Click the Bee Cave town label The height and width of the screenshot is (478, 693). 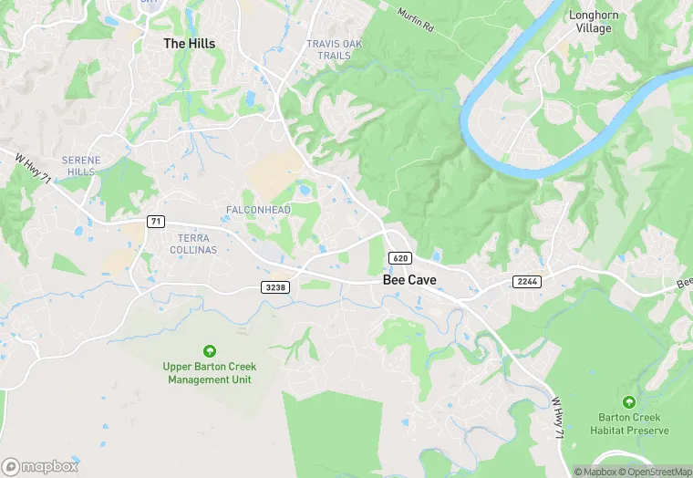408,280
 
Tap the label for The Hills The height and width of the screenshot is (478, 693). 189,43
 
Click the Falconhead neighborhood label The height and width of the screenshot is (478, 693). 258,210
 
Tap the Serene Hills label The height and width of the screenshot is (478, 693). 79,166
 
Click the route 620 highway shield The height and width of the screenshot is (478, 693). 399,258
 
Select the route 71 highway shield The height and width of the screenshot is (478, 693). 157,222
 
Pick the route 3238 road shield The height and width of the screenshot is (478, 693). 274,287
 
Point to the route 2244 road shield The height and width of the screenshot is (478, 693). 526,281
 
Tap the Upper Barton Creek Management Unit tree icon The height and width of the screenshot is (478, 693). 209,351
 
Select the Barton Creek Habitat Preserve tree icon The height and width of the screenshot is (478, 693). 628,402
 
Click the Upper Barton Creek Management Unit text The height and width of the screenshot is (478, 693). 209,373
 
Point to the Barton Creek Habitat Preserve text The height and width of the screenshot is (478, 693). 629,424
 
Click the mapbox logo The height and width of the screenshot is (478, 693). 40,466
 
